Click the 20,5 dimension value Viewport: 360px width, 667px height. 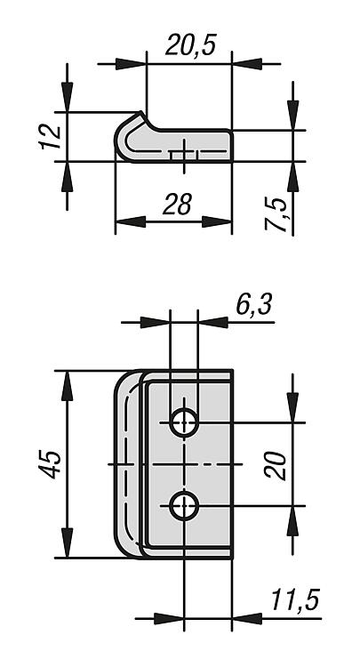[x=191, y=45]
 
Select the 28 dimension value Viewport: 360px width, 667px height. [x=178, y=205]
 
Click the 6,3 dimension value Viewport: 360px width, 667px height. [x=254, y=304]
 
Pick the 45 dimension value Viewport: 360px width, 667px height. [x=51, y=464]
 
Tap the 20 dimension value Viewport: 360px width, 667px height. [x=276, y=465]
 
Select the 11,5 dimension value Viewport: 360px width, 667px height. [x=295, y=600]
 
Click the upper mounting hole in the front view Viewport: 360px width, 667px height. [x=184, y=422]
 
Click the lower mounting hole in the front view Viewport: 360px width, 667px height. [x=184, y=506]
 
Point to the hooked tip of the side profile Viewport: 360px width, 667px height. [x=140, y=114]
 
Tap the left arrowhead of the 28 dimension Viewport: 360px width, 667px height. [x=131, y=221]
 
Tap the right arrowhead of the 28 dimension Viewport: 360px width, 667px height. [x=217, y=221]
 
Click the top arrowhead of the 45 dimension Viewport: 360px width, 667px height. [x=68, y=386]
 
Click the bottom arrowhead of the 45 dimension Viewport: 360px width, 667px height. [x=68, y=542]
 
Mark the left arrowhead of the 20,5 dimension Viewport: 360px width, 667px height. [x=131, y=64]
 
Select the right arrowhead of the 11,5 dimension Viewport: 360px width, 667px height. [x=247, y=618]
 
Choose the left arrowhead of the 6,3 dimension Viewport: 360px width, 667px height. [x=156, y=323]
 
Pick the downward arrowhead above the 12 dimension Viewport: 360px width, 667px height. [x=68, y=98]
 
